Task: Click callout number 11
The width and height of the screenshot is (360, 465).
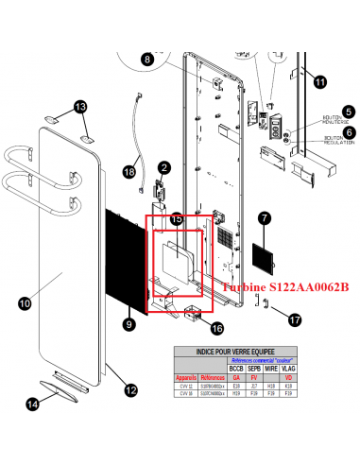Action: coord(319,82)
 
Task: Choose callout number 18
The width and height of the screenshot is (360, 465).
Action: coord(129,172)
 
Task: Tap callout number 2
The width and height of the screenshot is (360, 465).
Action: coord(163,167)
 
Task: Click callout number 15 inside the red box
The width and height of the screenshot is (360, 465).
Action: coord(177,218)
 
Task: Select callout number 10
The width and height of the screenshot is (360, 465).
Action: coord(25,303)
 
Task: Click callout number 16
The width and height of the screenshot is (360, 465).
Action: coord(216,329)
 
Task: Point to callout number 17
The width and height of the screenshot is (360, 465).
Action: coord(295,320)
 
